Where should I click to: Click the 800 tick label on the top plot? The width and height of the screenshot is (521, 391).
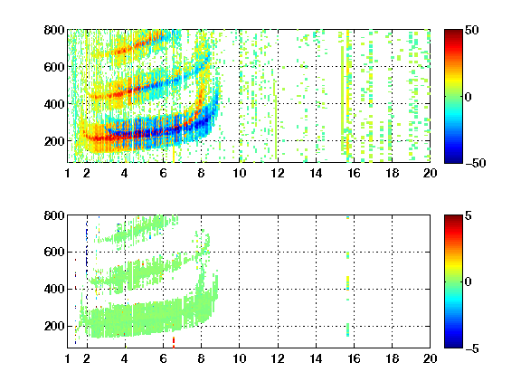(54, 30)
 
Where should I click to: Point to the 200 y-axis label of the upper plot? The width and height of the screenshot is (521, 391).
(54, 141)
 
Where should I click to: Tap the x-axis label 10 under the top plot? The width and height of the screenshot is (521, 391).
(239, 173)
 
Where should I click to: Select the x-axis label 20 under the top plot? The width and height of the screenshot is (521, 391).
(430, 173)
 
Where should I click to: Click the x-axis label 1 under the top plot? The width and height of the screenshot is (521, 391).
(68, 173)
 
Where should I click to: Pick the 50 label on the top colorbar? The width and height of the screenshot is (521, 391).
(471, 30)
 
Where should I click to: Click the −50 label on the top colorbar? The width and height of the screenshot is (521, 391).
(476, 163)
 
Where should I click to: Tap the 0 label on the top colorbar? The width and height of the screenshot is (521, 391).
(469, 97)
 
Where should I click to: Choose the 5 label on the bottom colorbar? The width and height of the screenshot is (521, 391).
(469, 215)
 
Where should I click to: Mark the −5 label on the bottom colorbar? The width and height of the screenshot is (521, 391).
(472, 348)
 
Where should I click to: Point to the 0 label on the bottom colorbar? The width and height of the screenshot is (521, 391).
(469, 282)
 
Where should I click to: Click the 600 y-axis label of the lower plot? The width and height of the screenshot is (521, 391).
(54, 252)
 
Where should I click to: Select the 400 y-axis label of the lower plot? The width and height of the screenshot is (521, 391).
(54, 289)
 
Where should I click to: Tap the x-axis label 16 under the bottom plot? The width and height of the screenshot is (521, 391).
(354, 358)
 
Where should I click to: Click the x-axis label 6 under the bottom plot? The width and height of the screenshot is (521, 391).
(163, 358)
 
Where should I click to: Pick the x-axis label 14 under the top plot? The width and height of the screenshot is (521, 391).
(316, 173)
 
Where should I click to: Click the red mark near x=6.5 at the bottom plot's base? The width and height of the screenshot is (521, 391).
(174, 342)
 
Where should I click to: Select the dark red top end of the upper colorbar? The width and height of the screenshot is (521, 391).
(453, 33)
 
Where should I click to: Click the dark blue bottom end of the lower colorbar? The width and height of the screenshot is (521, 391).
(453, 345)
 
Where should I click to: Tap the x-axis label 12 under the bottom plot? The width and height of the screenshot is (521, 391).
(278, 358)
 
